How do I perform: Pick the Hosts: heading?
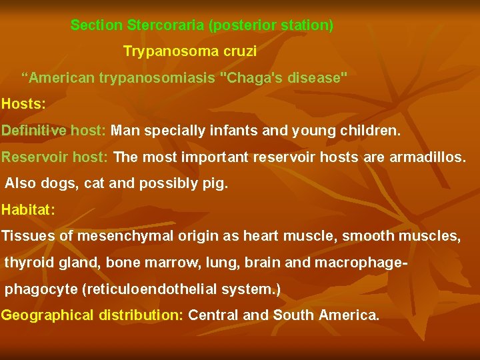[x=23, y=104]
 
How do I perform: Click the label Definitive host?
[x=53, y=131]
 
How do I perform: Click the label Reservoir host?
[x=55, y=157]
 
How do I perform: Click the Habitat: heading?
[x=28, y=210]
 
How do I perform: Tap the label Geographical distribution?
[x=92, y=315]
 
